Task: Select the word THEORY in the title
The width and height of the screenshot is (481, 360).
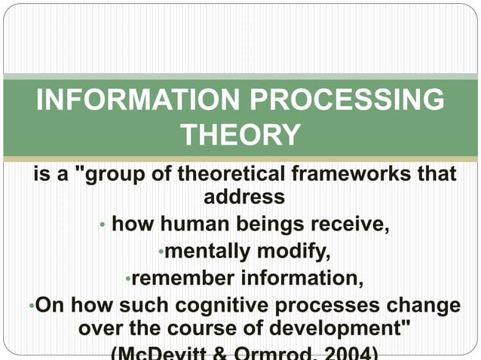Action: coord(241,136)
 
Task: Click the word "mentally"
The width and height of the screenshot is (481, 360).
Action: coord(207,251)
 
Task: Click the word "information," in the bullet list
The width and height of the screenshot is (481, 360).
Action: coord(302,278)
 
